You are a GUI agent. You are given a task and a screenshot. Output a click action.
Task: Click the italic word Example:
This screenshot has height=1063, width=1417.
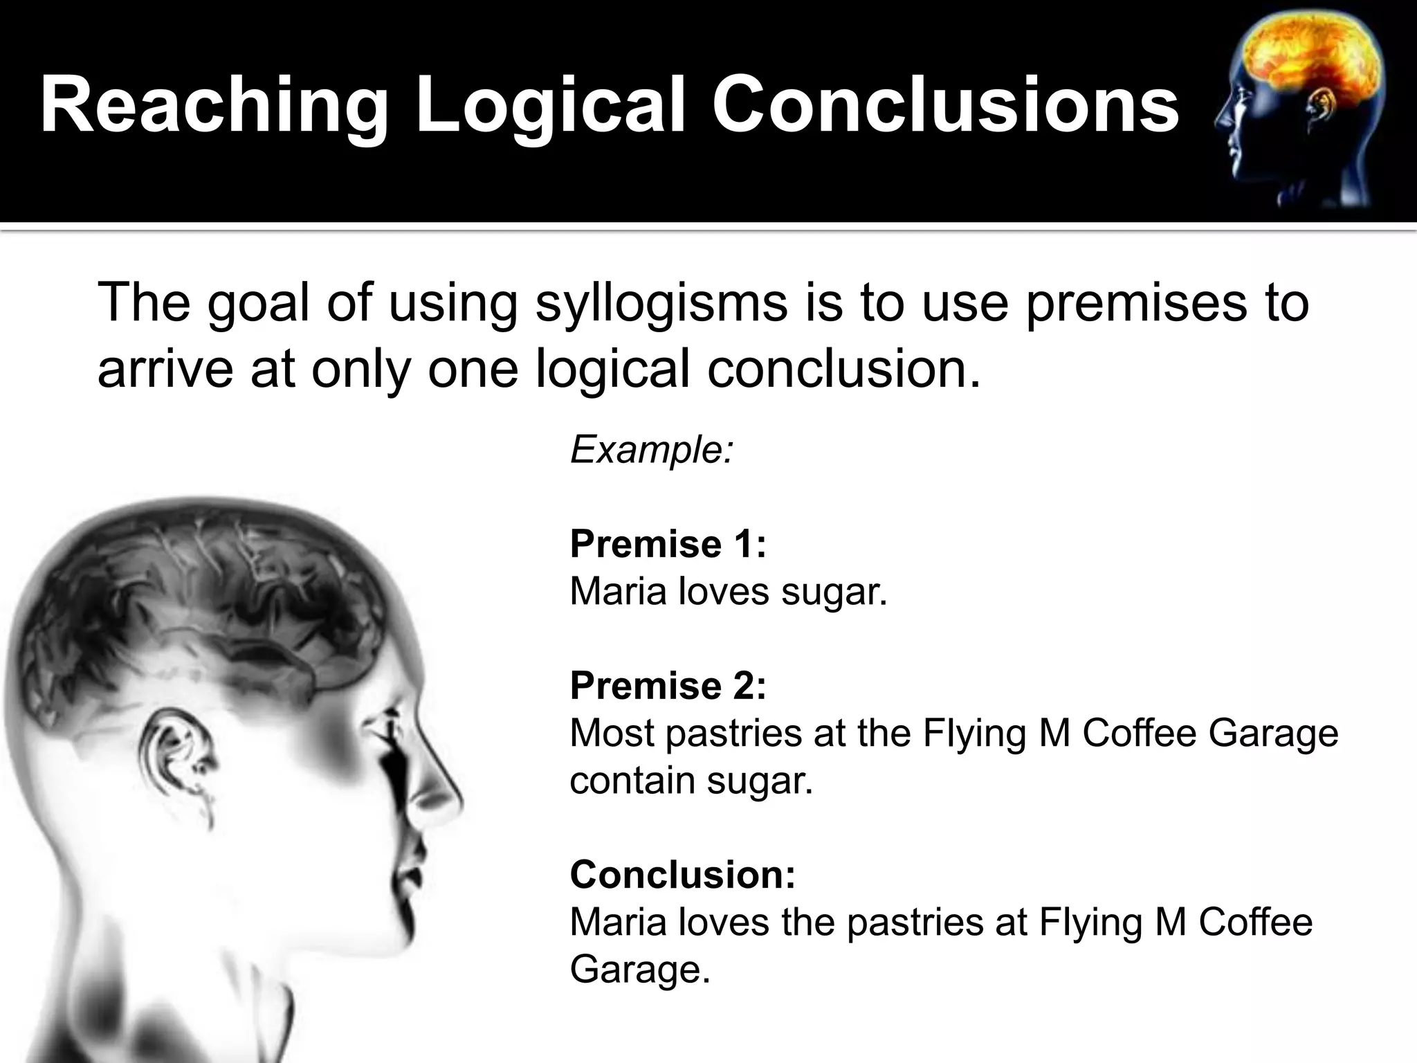coord(651,450)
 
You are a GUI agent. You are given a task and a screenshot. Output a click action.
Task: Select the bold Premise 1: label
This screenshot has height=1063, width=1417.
coord(668,544)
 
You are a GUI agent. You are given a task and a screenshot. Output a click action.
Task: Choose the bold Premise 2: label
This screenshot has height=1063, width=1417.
coord(668,686)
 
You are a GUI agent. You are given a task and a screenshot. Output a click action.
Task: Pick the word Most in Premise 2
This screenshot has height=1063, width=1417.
coord(612,734)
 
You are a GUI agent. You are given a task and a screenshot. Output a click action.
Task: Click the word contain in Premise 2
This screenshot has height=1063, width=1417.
coord(632,781)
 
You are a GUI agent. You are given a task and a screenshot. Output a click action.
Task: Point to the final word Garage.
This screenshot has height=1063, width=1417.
coord(639,970)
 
